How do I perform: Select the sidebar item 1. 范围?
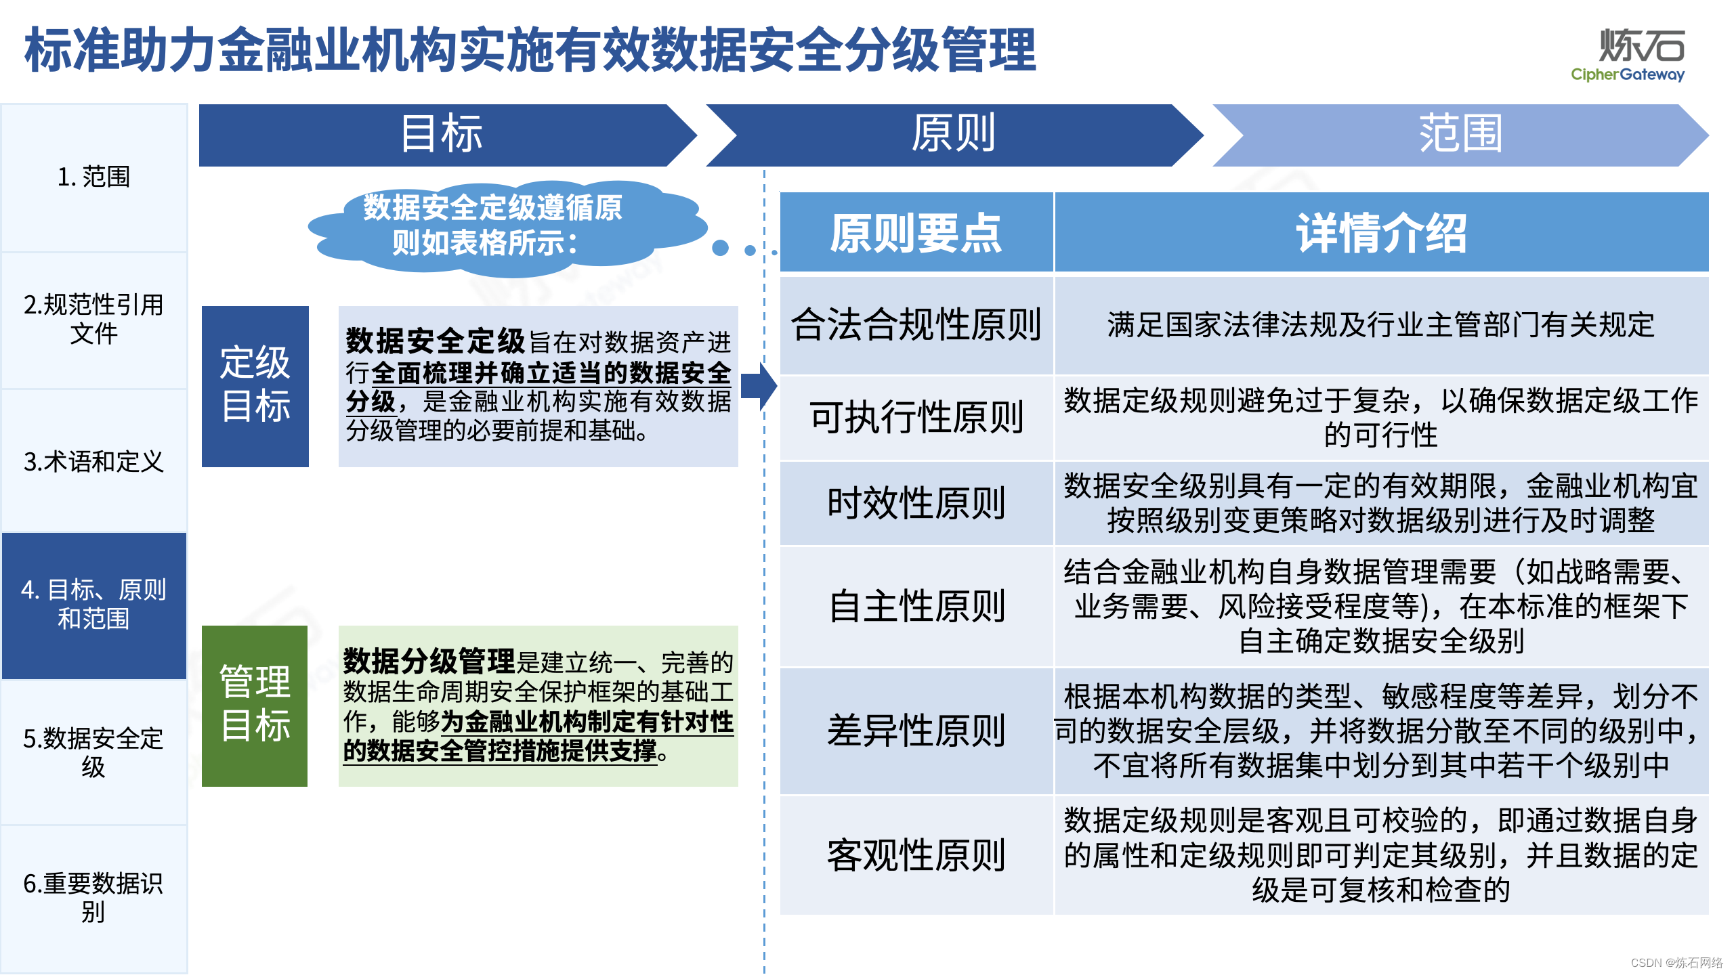(x=93, y=177)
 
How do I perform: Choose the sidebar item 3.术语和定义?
(x=93, y=462)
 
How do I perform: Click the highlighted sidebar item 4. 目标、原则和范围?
(x=93, y=605)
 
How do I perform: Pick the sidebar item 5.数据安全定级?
(x=93, y=752)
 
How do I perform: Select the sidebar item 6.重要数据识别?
(x=93, y=898)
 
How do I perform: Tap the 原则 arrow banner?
(x=952, y=135)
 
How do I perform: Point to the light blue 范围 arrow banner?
(x=1460, y=135)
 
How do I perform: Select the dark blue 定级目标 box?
(x=255, y=386)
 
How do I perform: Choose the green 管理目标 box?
(x=255, y=706)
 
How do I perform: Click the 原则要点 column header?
(x=916, y=233)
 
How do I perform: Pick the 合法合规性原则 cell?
(x=916, y=325)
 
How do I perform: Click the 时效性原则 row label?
(x=916, y=504)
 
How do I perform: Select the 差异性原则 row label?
(x=916, y=731)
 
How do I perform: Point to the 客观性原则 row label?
(x=916, y=855)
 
